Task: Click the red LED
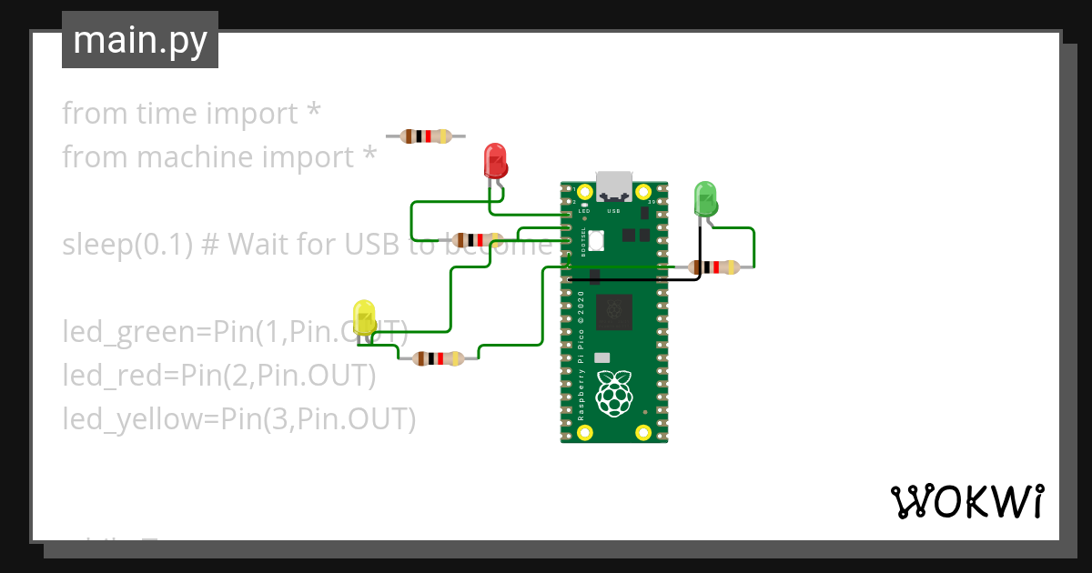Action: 495,161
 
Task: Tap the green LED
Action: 706,197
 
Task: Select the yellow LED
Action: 364,316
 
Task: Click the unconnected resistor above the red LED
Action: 426,136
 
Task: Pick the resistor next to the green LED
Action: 714,267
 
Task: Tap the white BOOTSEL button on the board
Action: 597,241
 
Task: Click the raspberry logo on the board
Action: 613,393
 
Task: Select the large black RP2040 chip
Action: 614,312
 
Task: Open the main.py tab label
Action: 140,40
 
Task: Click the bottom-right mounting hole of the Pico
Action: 643,431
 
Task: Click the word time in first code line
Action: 167,114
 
